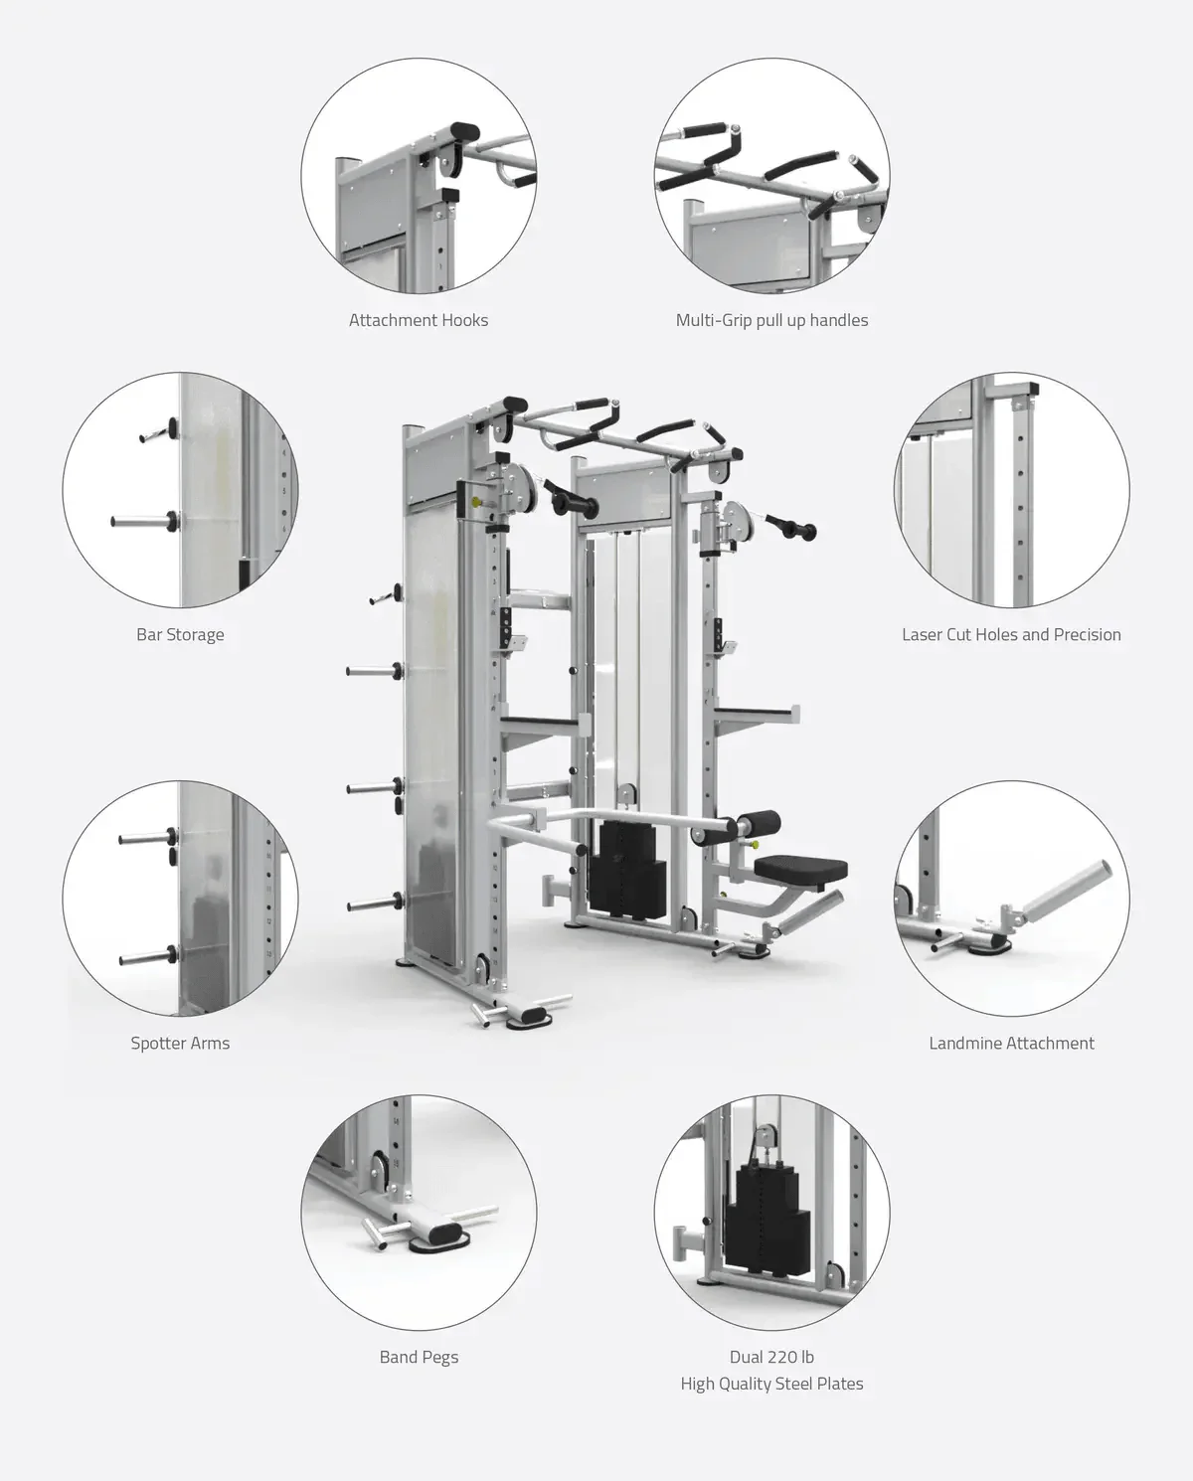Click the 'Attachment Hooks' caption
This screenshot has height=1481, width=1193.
tap(419, 320)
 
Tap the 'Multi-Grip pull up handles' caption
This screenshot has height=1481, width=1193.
tap(771, 320)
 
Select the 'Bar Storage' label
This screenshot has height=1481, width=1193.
tap(180, 634)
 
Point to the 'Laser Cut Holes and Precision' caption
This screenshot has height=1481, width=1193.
tap(1011, 634)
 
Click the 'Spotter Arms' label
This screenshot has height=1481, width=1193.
tap(180, 1043)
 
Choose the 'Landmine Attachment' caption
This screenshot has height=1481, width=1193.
tap(1011, 1043)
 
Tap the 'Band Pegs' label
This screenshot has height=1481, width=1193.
tap(419, 1357)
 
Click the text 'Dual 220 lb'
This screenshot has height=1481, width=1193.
tap(771, 1357)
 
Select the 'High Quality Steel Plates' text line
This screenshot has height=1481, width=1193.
tap(771, 1384)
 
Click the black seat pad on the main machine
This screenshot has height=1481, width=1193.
tap(800, 870)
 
